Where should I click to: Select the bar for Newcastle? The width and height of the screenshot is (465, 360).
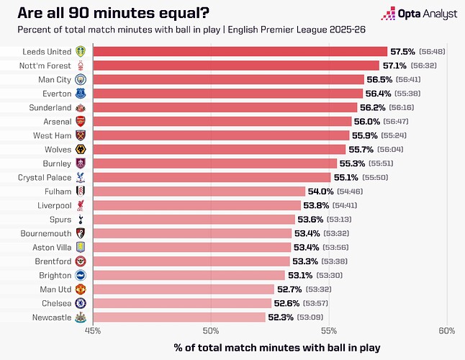point(179,317)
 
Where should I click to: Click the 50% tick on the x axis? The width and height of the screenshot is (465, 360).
point(211,330)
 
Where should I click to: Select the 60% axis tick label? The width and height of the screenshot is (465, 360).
point(446,330)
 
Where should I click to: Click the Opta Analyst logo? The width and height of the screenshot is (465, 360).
point(420,13)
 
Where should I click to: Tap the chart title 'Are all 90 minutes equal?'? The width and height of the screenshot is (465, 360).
point(109,12)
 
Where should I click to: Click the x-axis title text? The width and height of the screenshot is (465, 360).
point(276,348)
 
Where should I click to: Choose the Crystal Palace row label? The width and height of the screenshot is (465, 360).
point(45,177)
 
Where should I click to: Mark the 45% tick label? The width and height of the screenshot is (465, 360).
point(93,330)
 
